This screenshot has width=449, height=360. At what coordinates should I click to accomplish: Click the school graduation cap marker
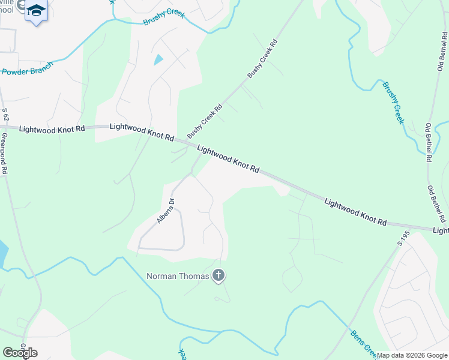tap(36, 11)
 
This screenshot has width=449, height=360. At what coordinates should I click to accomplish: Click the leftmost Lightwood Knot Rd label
tap(52, 129)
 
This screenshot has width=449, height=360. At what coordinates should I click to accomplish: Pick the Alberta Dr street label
tap(165, 211)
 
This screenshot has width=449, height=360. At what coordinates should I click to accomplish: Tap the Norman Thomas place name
tap(178, 276)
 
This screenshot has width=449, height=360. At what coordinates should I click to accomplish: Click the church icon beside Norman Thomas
tap(218, 276)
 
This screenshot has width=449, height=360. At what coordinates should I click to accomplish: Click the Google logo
tap(20, 353)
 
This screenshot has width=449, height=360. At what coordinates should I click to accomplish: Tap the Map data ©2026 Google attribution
tap(412, 355)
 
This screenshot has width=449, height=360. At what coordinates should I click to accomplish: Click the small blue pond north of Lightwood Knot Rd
tap(158, 59)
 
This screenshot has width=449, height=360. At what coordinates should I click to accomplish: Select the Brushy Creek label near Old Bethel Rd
tap(393, 102)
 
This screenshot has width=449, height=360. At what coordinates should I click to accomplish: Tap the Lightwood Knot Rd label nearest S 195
tap(355, 212)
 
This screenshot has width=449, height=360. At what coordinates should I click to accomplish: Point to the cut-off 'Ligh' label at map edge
tap(441, 230)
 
